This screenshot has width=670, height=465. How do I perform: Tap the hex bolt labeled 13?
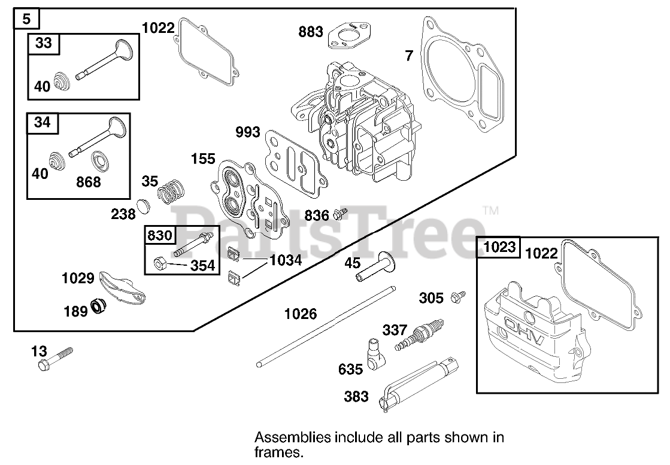pyautogui.click(x=56, y=358)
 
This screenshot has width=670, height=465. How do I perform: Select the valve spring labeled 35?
pyautogui.click(x=171, y=190)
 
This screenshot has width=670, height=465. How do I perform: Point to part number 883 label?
pyautogui.click(x=311, y=31)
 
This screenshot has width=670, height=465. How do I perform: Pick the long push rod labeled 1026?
pyautogui.click(x=326, y=327)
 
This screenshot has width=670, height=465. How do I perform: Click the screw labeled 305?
pyautogui.click(x=458, y=297)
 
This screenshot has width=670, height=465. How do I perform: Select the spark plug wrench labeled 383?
pyautogui.click(x=419, y=384)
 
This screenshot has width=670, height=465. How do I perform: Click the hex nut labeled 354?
pyautogui.click(x=159, y=263)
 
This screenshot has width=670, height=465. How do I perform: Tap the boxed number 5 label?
pyautogui.click(x=26, y=19)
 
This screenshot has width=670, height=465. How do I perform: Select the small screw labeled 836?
pyautogui.click(x=340, y=213)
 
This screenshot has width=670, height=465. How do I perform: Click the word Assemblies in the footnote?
pyautogui.click(x=293, y=437)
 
